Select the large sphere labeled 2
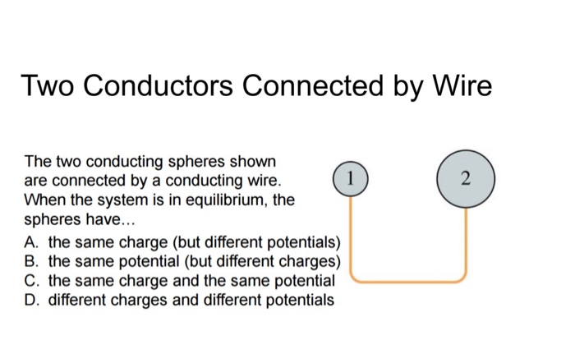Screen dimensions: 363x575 pyautogui.click(x=465, y=179)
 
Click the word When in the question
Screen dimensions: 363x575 pyautogui.click(x=45, y=200)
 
